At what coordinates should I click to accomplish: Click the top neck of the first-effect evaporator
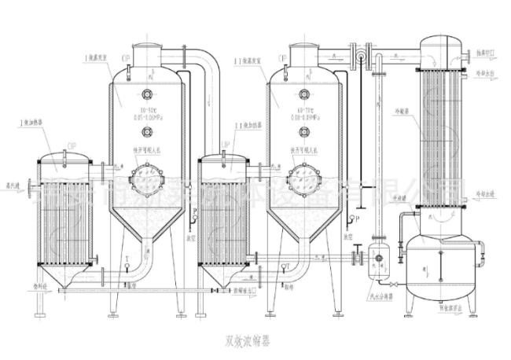pyautogui.click(x=145, y=55)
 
